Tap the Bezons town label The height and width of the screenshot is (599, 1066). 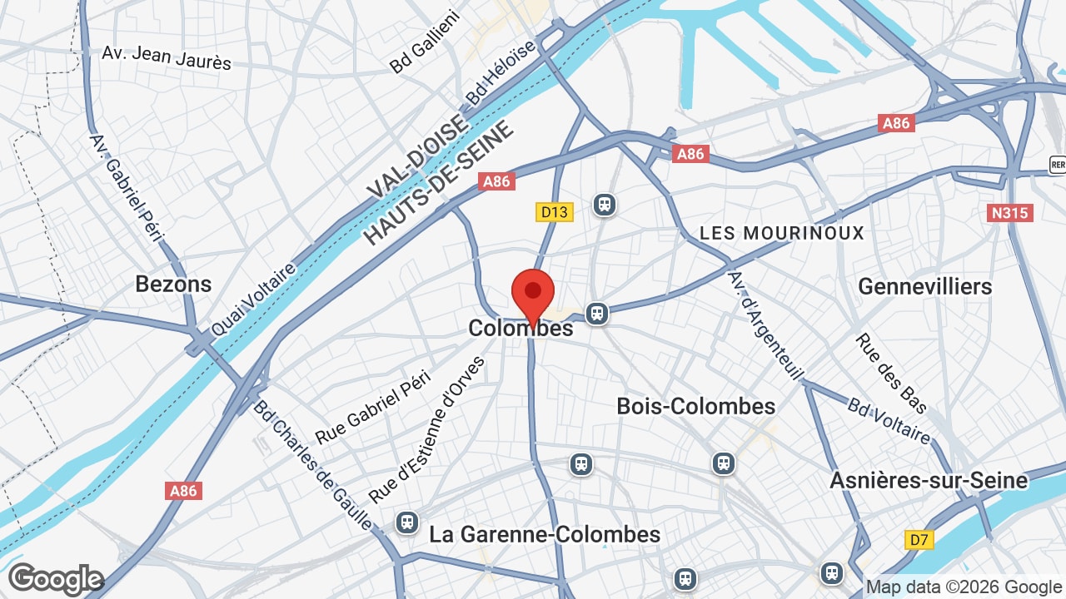pos(173,285)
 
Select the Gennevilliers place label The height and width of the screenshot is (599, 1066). pos(924,286)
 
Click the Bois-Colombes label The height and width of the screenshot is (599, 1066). pos(695,406)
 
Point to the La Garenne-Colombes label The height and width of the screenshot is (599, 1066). pos(545,534)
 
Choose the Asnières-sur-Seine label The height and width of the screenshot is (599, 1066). pos(929,480)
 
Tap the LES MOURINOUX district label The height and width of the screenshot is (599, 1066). pos(782,233)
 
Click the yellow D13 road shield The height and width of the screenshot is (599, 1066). pos(554,212)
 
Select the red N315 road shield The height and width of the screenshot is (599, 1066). pos(1011,213)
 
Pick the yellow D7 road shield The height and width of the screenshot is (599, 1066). pos(919,540)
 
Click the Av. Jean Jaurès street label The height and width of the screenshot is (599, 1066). pos(167,57)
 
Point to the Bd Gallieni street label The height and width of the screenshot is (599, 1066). pos(425,42)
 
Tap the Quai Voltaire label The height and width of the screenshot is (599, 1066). pos(254,299)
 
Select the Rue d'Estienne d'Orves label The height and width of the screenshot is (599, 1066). pos(427,429)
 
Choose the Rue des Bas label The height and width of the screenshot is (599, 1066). pos(890,374)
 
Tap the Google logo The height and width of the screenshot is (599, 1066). pos(55,579)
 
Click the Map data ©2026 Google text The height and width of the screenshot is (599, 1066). pos(963,587)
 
